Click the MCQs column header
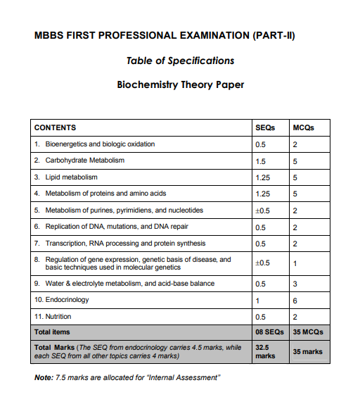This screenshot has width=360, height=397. [x=303, y=127]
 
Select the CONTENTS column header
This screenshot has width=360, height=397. [x=55, y=127]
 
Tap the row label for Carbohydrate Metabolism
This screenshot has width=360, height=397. [x=84, y=160]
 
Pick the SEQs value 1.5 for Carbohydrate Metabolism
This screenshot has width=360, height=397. [x=260, y=160]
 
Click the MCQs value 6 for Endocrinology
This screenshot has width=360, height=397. [x=295, y=300]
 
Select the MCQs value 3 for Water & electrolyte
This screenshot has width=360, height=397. [x=295, y=284]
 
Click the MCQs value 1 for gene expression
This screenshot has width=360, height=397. [x=295, y=263]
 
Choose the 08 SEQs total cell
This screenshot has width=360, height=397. [x=268, y=332]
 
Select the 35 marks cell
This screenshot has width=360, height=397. [x=307, y=351]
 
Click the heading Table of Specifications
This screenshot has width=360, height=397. [x=180, y=61]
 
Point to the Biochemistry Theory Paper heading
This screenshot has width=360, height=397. [x=180, y=85]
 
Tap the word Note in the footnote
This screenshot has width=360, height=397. [x=43, y=378]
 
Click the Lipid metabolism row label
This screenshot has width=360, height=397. [x=71, y=177]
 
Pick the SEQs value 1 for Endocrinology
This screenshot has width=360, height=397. [x=257, y=300]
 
